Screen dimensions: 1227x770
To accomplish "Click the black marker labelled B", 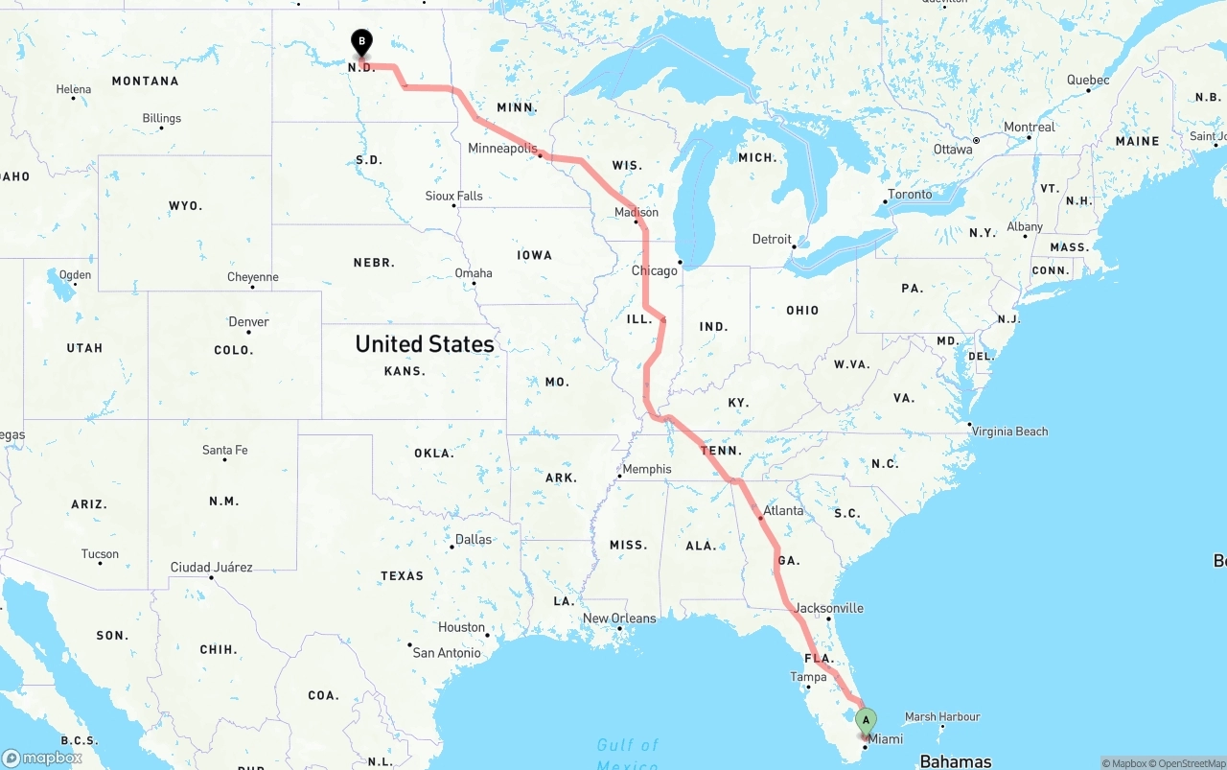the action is point(361,42).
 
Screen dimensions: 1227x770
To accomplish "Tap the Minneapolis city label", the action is point(502,149).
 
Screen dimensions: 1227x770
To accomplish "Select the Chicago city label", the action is point(655,270).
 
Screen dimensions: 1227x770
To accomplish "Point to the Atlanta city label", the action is point(783,510).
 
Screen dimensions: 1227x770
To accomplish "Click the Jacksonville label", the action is point(829,608).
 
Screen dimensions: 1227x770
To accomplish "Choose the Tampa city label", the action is point(808,677).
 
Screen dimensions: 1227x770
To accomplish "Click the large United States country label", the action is point(425,343).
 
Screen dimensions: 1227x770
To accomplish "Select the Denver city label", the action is point(248,322).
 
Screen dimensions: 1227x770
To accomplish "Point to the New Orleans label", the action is point(619,618).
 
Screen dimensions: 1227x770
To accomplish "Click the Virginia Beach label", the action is point(1009,432).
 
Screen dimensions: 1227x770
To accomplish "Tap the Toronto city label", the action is point(910,195).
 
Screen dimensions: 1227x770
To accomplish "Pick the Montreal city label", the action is point(1029,128).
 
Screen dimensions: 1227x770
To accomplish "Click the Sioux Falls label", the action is point(453,196).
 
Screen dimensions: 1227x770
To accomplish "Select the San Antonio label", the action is point(446,653).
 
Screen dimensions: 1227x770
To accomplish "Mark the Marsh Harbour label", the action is point(942,716).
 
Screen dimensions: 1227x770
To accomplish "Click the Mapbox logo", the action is point(42,758).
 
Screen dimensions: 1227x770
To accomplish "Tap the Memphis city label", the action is point(647,470).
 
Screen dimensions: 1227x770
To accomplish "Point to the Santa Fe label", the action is point(224,450).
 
